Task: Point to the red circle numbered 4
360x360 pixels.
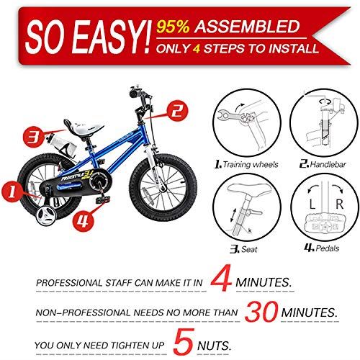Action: [x=84, y=219]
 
